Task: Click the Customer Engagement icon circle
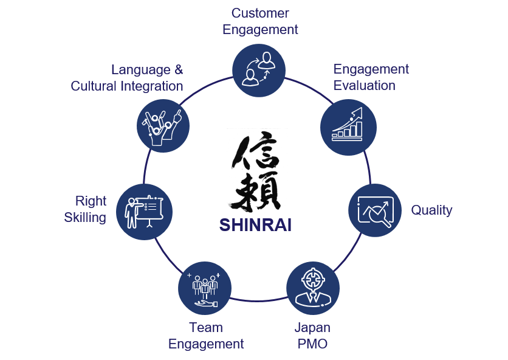click(x=260, y=70)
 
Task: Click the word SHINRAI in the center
click(x=255, y=225)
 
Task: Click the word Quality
click(x=431, y=210)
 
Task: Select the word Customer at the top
click(x=260, y=13)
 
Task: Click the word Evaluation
click(x=364, y=85)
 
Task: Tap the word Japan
click(x=312, y=328)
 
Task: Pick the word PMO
click(x=312, y=344)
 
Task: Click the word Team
click(x=205, y=328)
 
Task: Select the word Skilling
click(x=85, y=217)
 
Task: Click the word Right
click(x=91, y=201)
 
